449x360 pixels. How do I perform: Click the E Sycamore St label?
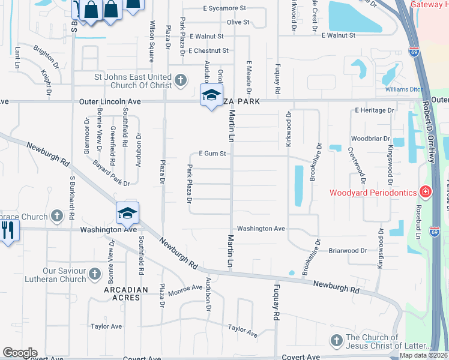coord(224,8)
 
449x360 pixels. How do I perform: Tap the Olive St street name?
coord(238,22)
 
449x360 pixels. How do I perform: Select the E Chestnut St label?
coord(209,50)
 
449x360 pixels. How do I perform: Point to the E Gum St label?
coord(213,154)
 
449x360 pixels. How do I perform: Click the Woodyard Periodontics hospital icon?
coord(426,193)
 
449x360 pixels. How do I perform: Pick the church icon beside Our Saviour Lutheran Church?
coord(94,274)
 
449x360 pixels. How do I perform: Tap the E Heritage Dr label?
coord(374,110)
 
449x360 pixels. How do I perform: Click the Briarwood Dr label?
coord(347,251)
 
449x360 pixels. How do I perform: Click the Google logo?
coord(20,352)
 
